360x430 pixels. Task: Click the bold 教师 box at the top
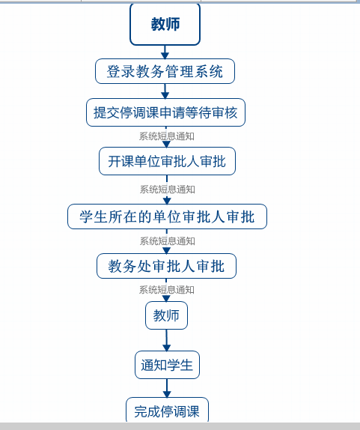(165, 24)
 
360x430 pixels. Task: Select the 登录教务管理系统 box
(165, 71)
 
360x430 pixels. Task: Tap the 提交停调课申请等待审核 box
(165, 112)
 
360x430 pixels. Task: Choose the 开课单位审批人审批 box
(167, 161)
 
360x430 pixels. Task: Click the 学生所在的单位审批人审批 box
(167, 216)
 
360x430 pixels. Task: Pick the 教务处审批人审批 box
(166, 266)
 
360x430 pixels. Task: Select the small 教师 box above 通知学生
(166, 315)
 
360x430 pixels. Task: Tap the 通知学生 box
(167, 365)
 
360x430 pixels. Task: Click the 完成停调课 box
(167, 411)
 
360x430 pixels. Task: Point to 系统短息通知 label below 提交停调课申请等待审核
(167, 136)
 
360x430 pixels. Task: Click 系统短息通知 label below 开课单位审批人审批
(168, 190)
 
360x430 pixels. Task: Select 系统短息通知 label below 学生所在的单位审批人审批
(168, 241)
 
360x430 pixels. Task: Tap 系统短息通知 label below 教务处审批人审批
(167, 290)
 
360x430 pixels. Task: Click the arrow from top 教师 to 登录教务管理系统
(165, 52)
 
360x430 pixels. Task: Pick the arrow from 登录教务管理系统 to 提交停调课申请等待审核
(165, 91)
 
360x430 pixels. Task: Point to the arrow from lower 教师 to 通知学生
(167, 340)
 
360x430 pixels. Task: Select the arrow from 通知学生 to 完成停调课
(167, 388)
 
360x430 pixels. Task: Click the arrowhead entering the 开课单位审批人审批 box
(167, 145)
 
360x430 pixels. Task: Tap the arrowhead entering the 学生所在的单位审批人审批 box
(167, 201)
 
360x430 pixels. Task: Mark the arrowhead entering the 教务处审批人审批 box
(167, 250)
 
